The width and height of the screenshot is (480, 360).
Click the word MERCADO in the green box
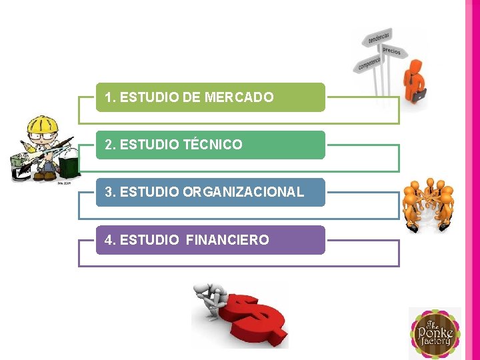[239, 97]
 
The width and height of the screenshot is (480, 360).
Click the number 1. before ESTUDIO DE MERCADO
[111, 97]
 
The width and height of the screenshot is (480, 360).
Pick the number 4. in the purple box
[111, 240]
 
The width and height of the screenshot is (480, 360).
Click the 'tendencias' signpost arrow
[379, 37]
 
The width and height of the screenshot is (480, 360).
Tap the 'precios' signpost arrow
[391, 51]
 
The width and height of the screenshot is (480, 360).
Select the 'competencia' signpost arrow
[369, 64]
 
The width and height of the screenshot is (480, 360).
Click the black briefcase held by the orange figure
[419, 96]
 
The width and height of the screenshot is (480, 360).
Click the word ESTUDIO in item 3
[150, 192]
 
